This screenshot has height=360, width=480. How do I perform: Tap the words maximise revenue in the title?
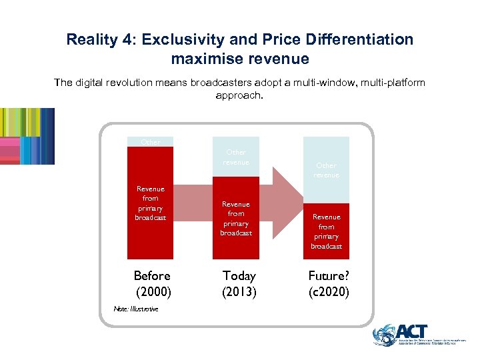point(240,59)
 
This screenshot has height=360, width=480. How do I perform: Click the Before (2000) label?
point(152,283)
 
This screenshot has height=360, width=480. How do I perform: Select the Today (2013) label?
point(239,283)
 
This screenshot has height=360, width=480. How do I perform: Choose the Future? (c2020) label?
point(328,283)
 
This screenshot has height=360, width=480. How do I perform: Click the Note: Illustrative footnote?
point(136,309)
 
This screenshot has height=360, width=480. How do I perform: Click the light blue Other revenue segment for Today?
point(236,157)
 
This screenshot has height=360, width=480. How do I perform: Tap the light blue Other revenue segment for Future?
point(326,169)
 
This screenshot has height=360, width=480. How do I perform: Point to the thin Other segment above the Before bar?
point(150,141)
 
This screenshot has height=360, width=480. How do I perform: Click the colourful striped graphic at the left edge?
point(27,136)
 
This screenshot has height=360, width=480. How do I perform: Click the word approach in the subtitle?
point(240,95)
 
